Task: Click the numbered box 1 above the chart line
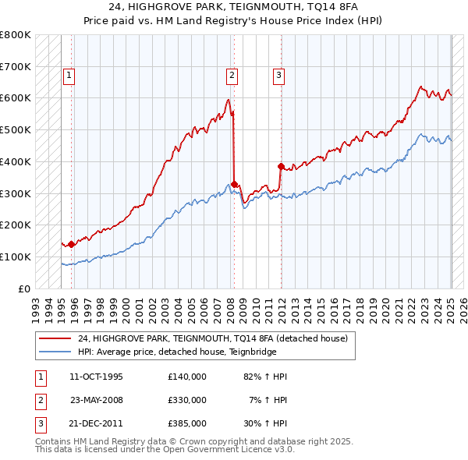(69, 76)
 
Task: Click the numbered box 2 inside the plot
(232, 76)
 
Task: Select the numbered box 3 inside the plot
(278, 76)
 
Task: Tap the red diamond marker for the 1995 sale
(71, 244)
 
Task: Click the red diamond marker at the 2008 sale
(234, 184)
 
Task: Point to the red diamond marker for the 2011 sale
(280, 166)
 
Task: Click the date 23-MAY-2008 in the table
(97, 400)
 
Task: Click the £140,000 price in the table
(186, 377)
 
